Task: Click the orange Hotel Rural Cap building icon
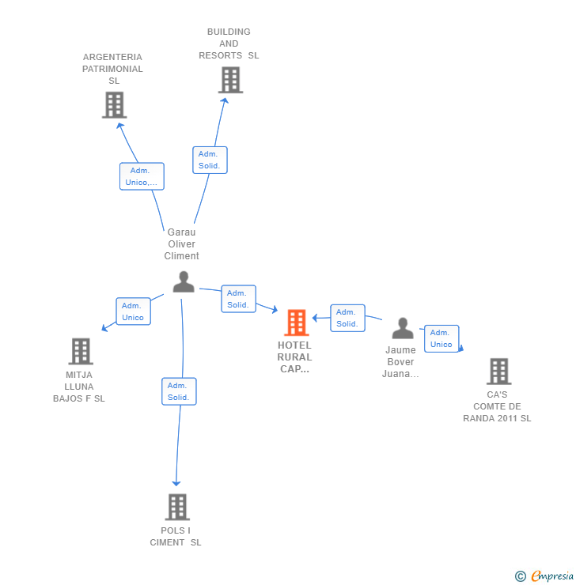tap(296, 323)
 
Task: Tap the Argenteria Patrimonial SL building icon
tap(115, 105)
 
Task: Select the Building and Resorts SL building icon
tap(230, 80)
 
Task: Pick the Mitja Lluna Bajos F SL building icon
tap(81, 351)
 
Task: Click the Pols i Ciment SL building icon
tap(177, 507)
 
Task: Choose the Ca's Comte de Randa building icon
tap(498, 371)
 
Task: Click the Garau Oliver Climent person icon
tap(184, 282)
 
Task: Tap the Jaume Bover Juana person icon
tap(403, 328)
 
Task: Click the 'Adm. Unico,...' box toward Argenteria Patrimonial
tap(142, 176)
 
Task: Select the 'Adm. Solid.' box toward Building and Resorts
tap(210, 160)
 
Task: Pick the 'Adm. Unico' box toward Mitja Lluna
tap(133, 311)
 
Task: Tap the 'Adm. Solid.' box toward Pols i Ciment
tap(178, 391)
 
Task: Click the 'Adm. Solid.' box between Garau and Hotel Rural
tap(238, 299)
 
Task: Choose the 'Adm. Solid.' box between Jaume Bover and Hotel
tap(347, 318)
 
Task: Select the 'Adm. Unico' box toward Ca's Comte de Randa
tap(441, 338)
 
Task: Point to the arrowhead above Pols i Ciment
tap(176, 483)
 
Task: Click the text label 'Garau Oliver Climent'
tap(181, 244)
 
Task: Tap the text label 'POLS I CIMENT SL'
tap(176, 536)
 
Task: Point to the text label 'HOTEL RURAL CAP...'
tap(295, 357)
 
